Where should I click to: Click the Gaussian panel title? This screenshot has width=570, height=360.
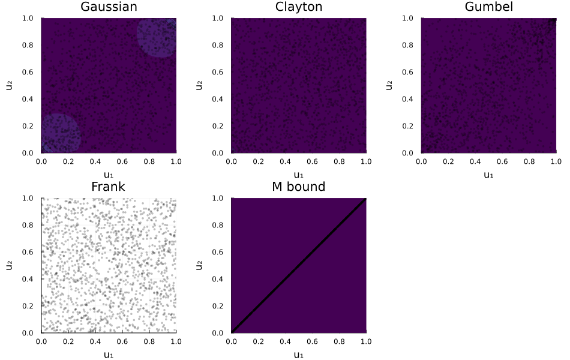(x=109, y=7)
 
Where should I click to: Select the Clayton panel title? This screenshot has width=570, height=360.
(x=299, y=7)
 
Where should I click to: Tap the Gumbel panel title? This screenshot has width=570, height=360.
(x=488, y=7)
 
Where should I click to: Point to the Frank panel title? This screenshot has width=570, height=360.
(x=108, y=187)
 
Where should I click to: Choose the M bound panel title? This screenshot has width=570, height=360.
(x=298, y=187)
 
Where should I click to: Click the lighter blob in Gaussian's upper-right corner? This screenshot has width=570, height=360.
(x=157, y=37)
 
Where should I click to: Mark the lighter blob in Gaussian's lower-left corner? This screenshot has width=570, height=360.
(x=61, y=133)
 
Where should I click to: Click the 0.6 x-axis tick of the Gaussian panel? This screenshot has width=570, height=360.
(x=122, y=161)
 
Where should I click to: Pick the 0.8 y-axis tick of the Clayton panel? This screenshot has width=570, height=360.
(x=217, y=45)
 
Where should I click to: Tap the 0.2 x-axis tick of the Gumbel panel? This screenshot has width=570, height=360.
(x=448, y=161)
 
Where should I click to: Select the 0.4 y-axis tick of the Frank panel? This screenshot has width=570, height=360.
(x=28, y=279)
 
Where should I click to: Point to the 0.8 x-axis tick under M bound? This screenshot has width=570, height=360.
(x=339, y=341)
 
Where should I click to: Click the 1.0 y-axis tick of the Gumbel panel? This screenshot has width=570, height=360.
(x=407, y=18)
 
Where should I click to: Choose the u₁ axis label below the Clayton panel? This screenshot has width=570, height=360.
(x=298, y=175)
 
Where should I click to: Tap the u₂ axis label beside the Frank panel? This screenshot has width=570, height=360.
(x=9, y=265)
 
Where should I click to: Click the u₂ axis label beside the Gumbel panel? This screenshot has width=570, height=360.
(x=389, y=85)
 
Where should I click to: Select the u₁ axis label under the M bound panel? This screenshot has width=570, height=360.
(x=298, y=355)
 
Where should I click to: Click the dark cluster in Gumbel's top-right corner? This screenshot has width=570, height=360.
(x=553, y=22)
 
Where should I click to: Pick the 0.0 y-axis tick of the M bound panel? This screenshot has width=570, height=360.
(x=217, y=333)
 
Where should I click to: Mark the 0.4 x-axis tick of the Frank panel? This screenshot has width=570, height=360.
(x=95, y=341)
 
